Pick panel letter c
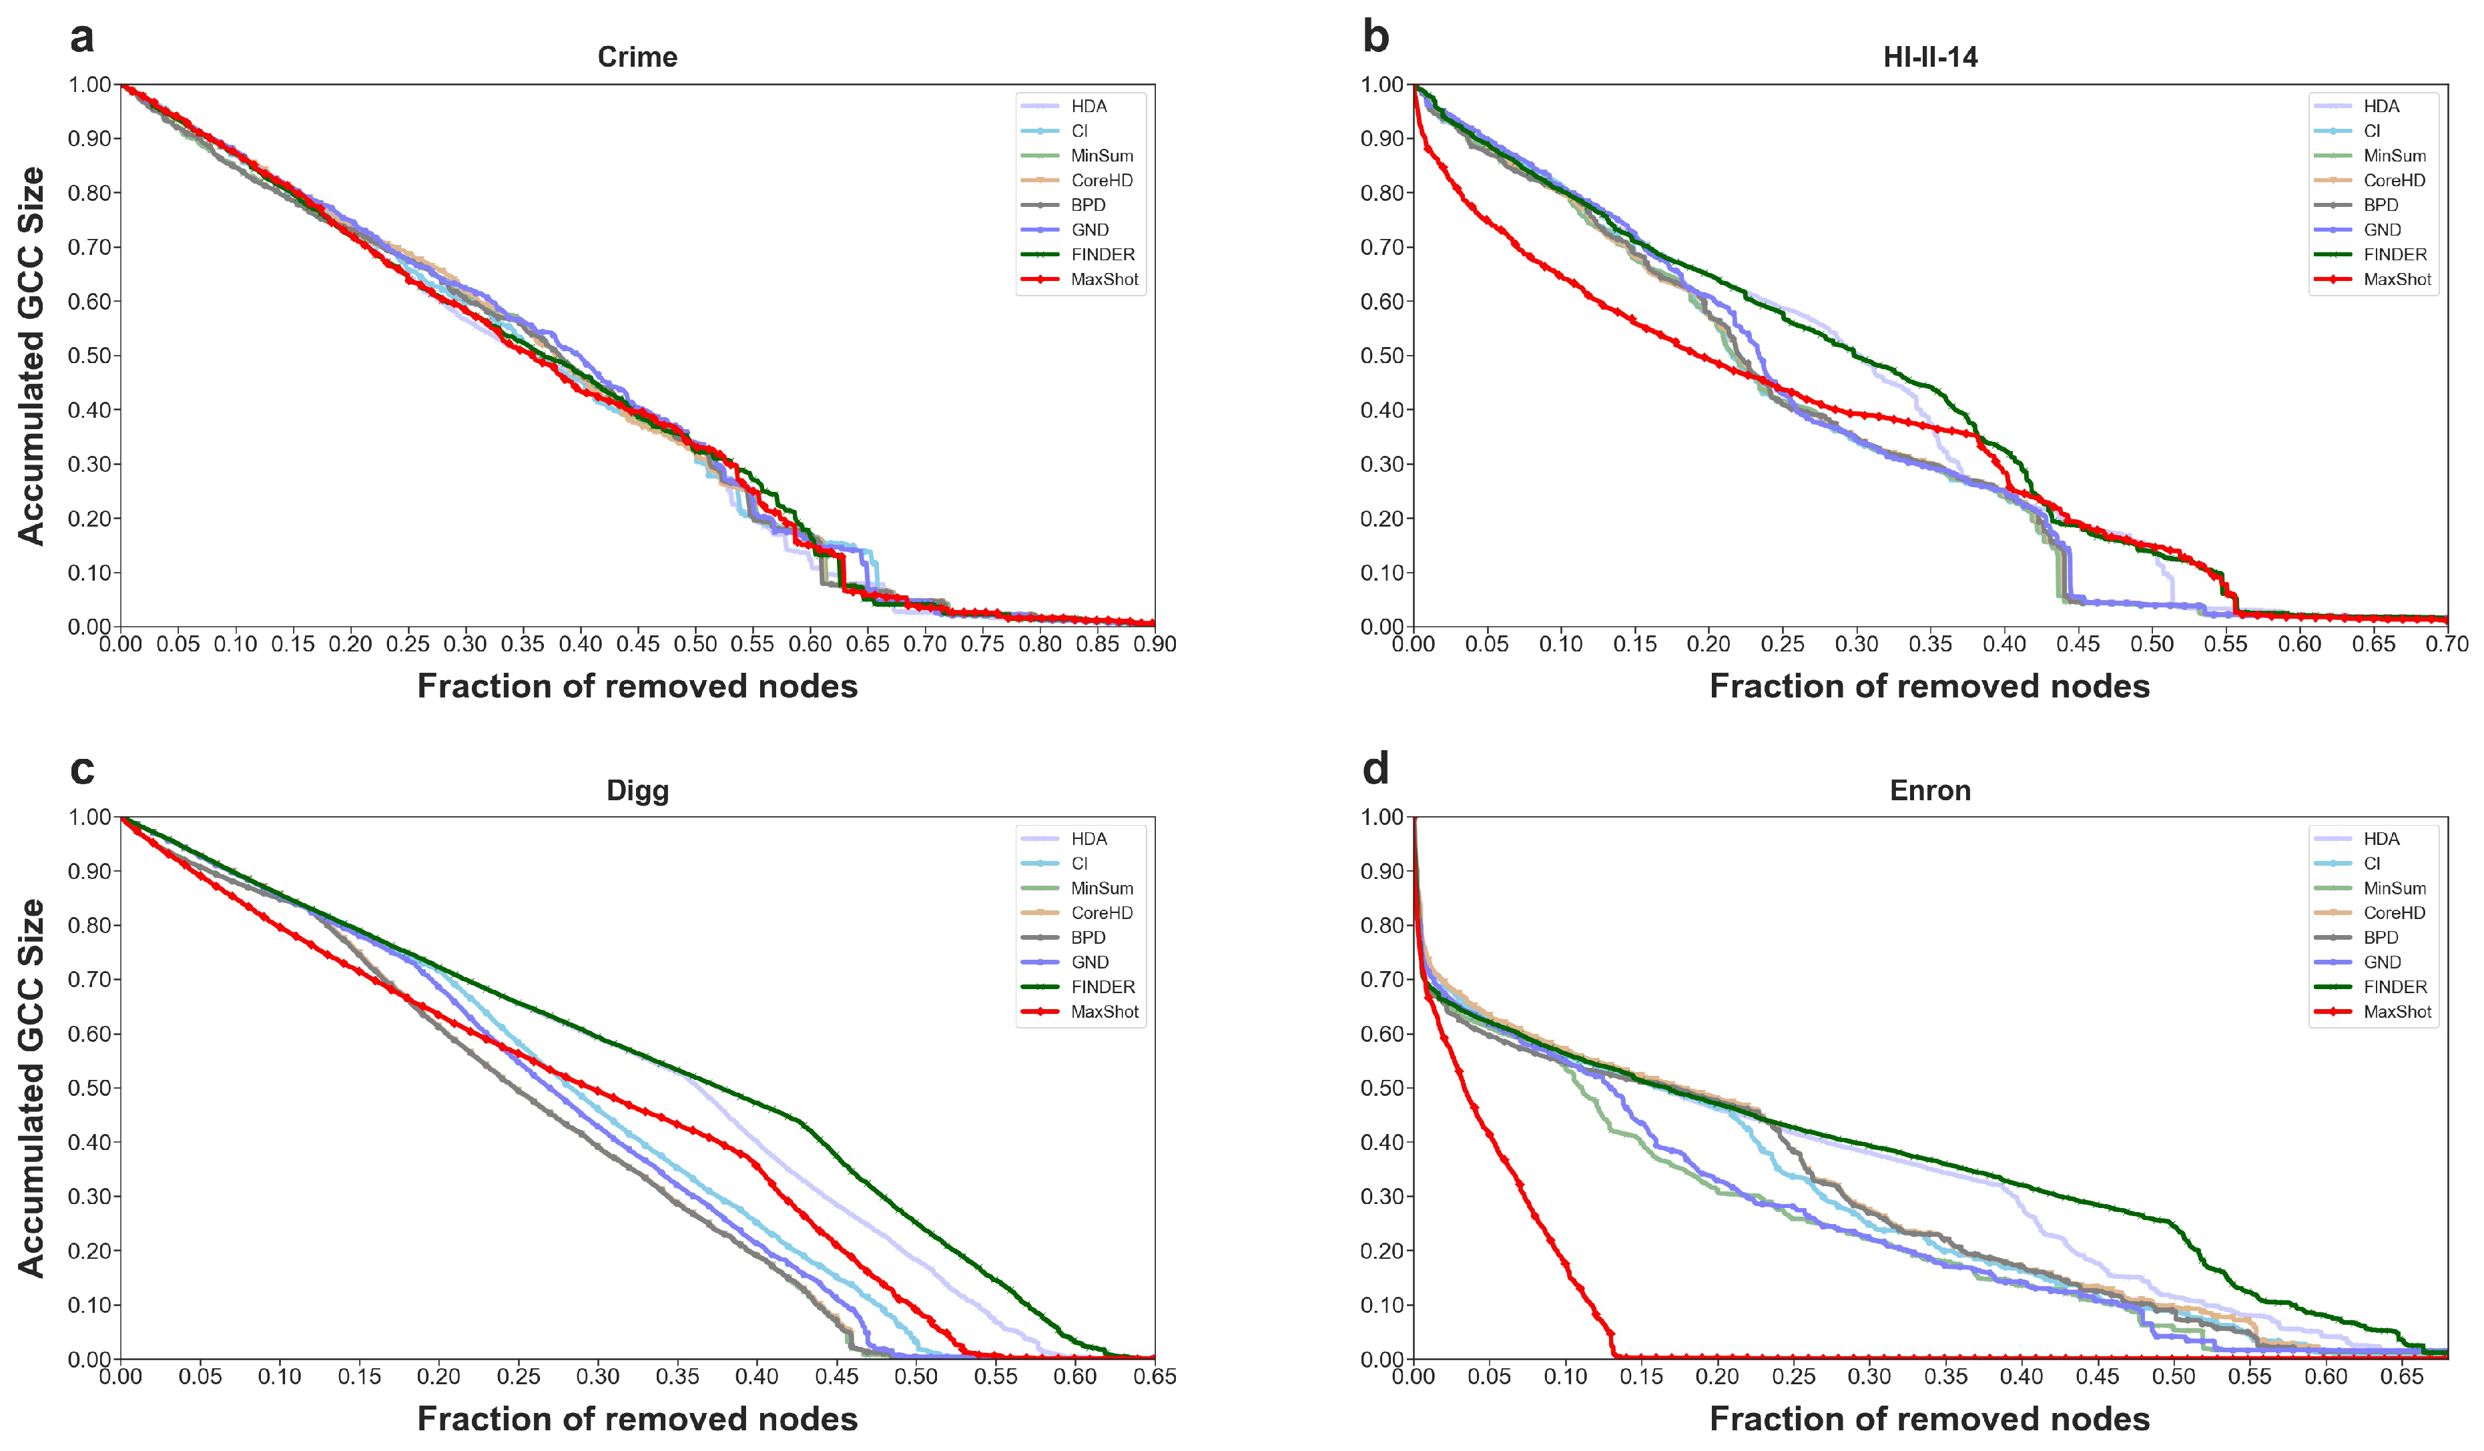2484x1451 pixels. (x=82, y=770)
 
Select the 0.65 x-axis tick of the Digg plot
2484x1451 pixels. (x=1155, y=1377)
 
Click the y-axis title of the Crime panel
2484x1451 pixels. (x=31, y=355)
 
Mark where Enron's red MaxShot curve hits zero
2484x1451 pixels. (x=1614, y=1356)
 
